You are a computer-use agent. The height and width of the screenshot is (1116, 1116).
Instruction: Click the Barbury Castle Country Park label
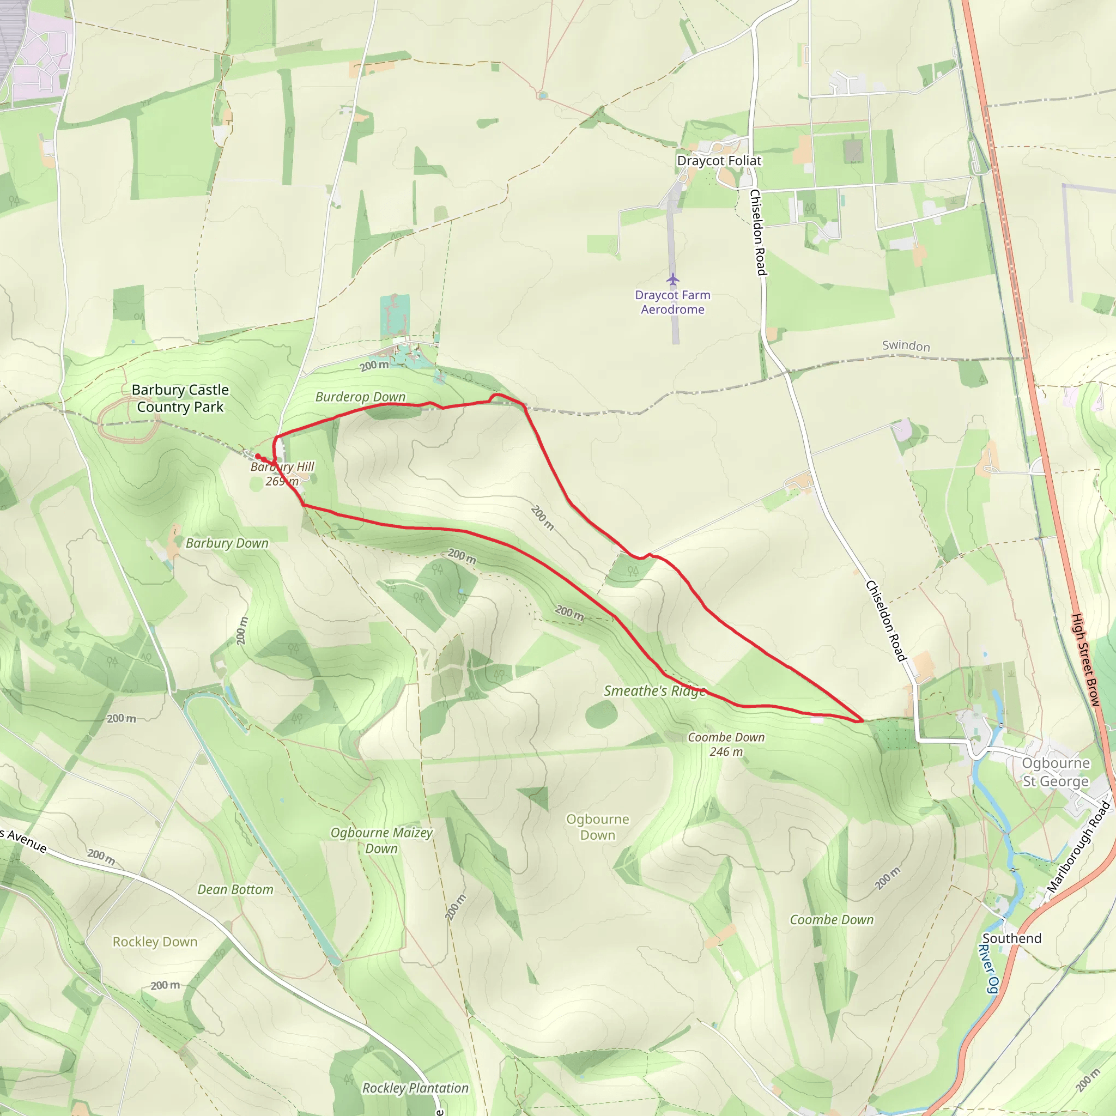180,398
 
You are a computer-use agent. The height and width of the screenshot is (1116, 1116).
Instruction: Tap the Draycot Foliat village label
719,161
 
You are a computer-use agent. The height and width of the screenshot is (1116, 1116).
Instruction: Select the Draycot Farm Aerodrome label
672,302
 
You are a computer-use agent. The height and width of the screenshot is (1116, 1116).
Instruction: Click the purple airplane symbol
672,280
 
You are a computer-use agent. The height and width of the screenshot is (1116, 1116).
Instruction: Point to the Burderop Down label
360,397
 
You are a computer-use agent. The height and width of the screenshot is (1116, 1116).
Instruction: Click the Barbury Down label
227,543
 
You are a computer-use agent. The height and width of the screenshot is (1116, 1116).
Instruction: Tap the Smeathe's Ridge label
654,691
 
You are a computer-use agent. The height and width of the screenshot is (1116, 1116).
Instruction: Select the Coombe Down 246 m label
726,744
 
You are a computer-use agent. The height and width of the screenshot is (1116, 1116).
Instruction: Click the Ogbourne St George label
1056,772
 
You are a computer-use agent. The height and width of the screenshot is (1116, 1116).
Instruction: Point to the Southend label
1011,939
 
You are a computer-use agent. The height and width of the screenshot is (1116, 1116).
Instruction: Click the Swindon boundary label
906,345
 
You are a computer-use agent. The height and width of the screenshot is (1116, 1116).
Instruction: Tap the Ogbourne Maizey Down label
381,840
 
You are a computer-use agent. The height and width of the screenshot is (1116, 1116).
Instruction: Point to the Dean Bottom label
235,889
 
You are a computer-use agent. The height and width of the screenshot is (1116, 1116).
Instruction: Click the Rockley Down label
155,942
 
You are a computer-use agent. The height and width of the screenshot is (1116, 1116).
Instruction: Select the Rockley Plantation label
415,1088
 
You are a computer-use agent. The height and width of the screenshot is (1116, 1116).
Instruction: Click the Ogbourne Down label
597,827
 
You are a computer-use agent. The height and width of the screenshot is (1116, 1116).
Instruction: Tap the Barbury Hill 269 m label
282,474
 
